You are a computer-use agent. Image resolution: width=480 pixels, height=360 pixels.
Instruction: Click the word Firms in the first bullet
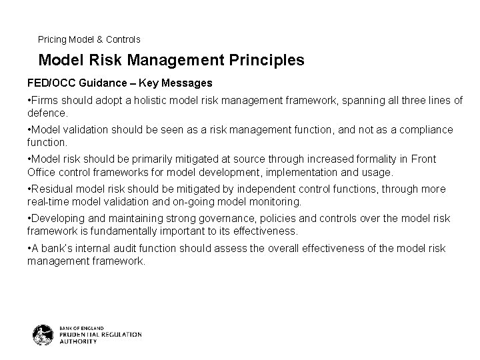click(x=44, y=100)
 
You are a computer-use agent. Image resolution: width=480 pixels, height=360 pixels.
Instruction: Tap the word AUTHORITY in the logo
click(x=78, y=341)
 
